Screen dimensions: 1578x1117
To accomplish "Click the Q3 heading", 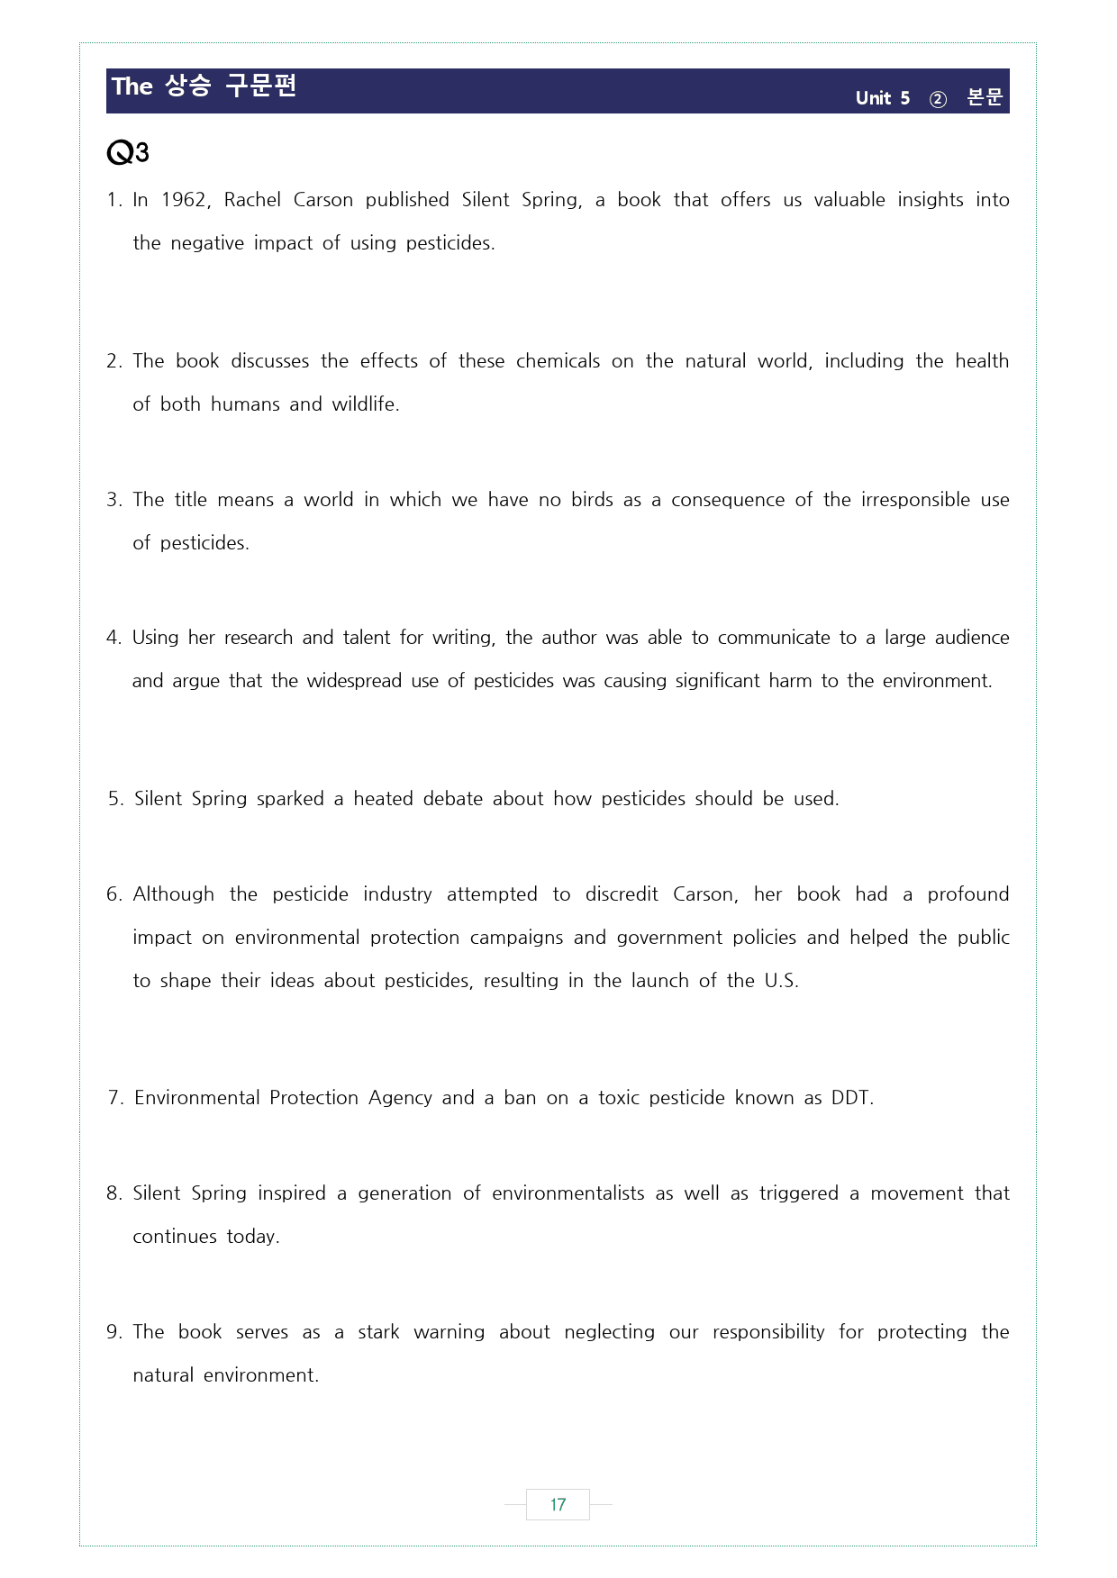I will click(127, 153).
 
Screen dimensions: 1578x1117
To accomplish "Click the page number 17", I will click(558, 1504).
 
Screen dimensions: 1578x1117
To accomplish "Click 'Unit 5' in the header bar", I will click(882, 98).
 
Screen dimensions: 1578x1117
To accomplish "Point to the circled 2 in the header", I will click(938, 99).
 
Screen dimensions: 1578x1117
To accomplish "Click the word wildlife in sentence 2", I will click(365, 404).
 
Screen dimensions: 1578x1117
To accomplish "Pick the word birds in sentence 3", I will click(592, 500).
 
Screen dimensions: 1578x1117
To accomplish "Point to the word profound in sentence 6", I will click(968, 894).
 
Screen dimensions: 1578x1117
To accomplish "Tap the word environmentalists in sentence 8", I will click(568, 1193).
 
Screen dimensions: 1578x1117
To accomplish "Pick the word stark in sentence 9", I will click(378, 1332).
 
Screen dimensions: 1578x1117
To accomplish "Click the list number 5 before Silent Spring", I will click(114, 799).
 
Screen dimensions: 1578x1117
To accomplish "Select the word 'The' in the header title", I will click(132, 86).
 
